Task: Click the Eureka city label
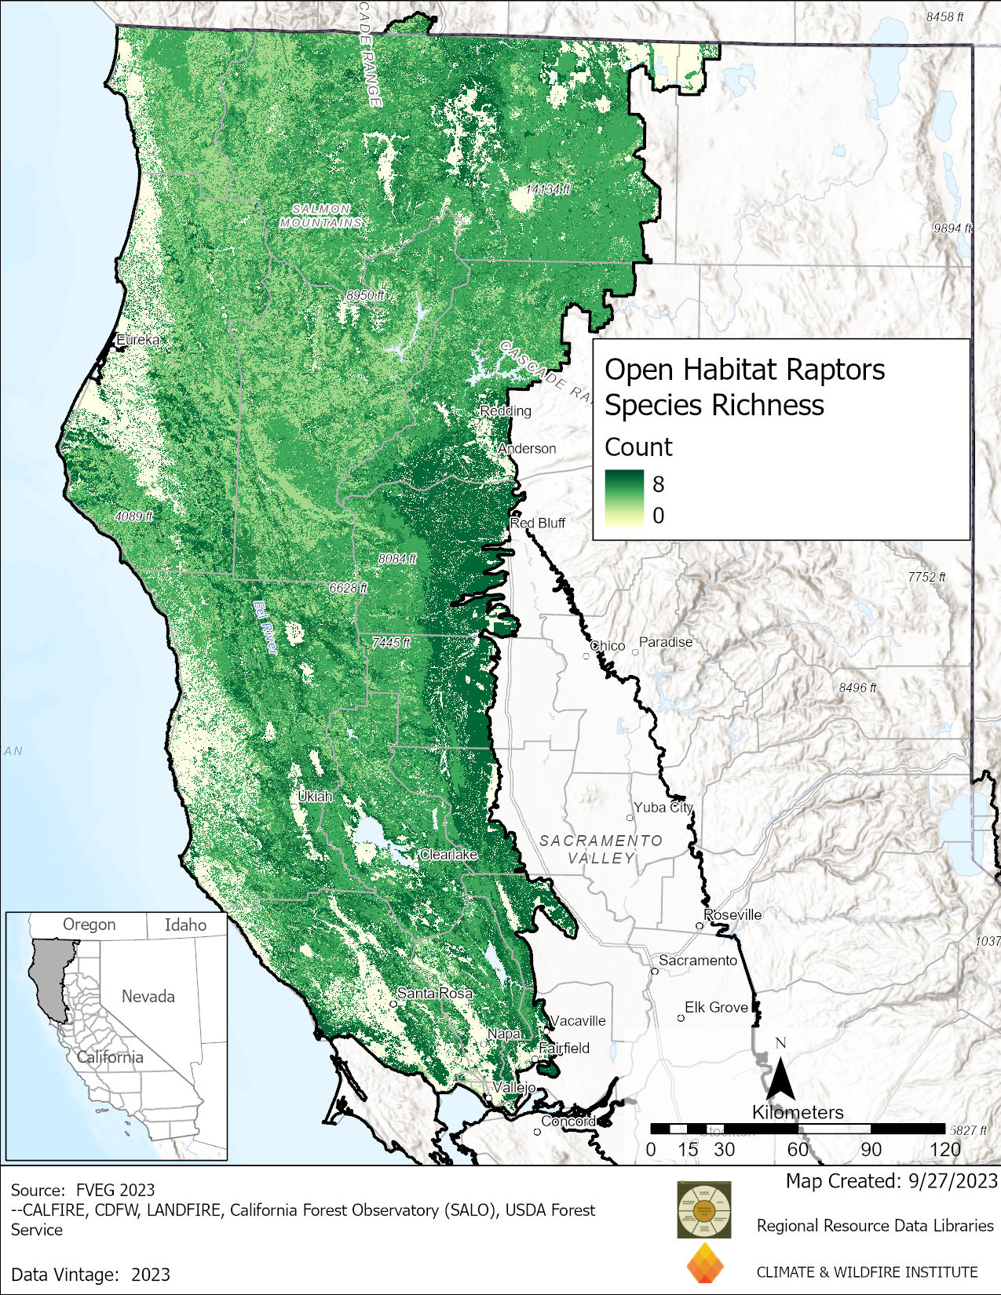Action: coord(138,340)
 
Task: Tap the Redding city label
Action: coord(506,410)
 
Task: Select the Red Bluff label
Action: coord(538,523)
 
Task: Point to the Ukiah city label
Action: coord(315,796)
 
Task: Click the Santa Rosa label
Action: coord(435,993)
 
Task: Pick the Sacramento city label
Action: coord(697,960)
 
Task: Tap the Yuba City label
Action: coord(663,807)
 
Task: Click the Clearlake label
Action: coord(448,854)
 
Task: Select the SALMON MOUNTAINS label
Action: coord(321,216)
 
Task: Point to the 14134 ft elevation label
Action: coord(548,189)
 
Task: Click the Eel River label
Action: coord(265,627)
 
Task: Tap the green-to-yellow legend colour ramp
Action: coord(624,499)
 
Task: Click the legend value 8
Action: coord(658,484)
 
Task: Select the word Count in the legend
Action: coord(638,447)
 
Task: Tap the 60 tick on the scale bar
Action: coord(798,1149)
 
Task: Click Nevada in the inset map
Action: coord(148,996)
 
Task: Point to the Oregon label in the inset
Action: coord(89,925)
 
